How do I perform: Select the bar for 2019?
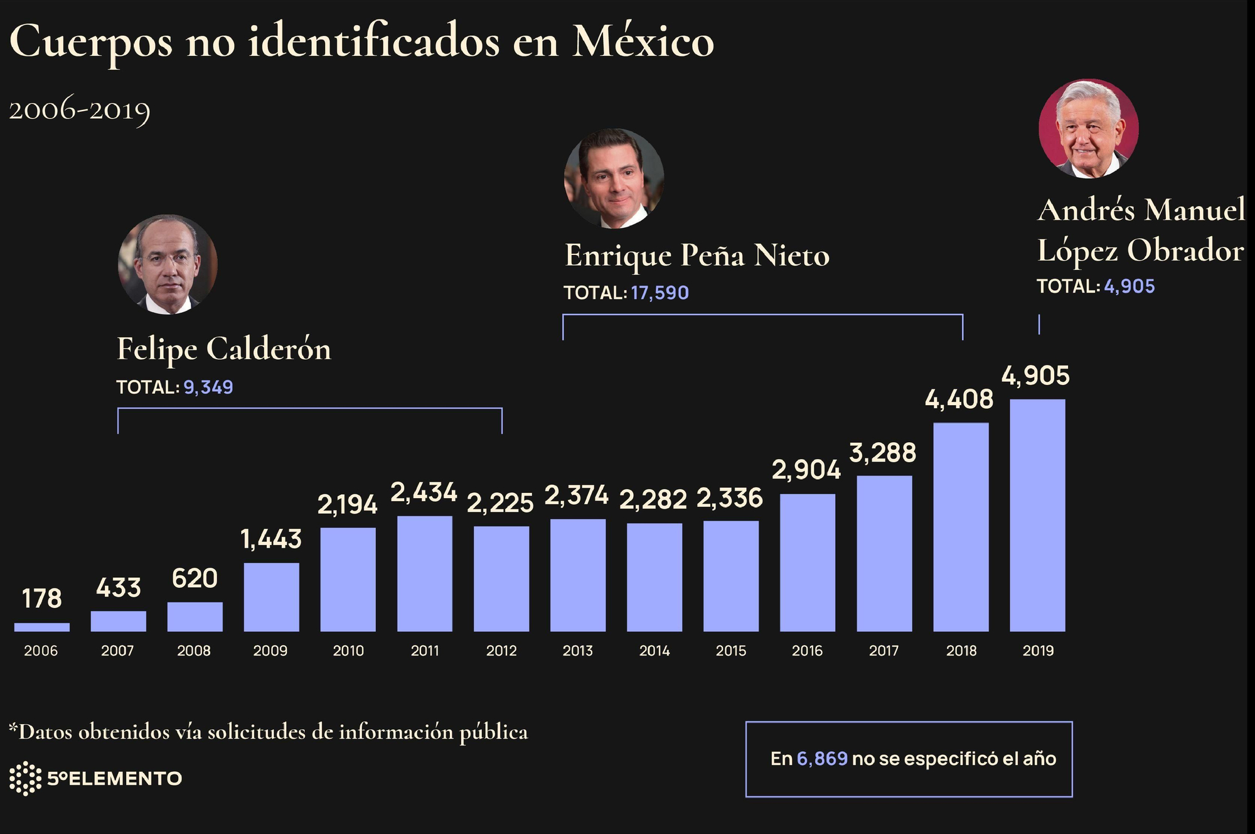(1037, 515)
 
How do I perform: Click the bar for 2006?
(41, 627)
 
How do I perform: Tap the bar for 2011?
(424, 573)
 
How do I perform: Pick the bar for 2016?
(808, 563)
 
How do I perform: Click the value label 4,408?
(959, 399)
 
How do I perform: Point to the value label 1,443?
(271, 539)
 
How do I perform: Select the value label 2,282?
(653, 500)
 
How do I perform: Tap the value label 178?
(41, 598)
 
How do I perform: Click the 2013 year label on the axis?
(577, 651)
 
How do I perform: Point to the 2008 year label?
(194, 651)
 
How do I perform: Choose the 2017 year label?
(884, 651)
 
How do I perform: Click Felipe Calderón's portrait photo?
(168, 264)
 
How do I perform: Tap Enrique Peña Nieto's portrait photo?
(614, 178)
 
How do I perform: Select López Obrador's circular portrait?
(1089, 128)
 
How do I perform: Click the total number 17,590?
(660, 293)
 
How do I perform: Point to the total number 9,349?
(208, 387)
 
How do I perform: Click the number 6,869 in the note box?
(822, 759)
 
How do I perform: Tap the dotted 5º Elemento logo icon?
(25, 778)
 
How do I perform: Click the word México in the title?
(643, 41)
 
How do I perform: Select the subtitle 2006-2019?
(80, 111)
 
